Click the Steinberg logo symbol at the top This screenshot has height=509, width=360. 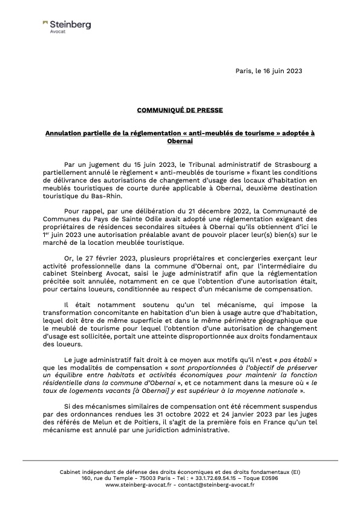click(45, 24)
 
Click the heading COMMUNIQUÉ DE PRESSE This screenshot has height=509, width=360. click(180, 111)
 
